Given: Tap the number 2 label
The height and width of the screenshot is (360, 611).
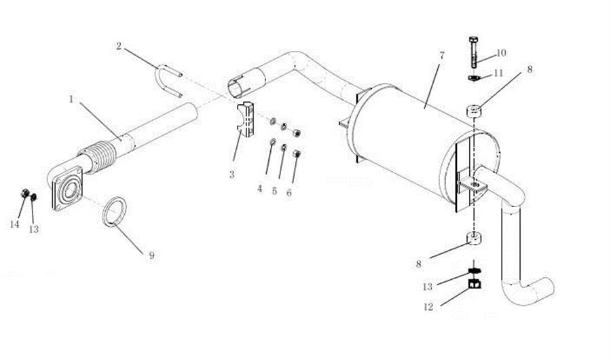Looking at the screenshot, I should [119, 46].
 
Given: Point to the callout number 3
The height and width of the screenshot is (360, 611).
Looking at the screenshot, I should [232, 175].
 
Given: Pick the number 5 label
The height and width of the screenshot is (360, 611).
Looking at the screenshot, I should [274, 191].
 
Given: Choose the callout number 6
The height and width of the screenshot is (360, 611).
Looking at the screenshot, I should [289, 193].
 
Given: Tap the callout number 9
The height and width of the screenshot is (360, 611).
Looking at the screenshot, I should [152, 255].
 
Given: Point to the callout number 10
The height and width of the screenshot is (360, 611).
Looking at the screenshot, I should [501, 52].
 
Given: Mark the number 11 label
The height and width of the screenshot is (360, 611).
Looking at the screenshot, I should [498, 72].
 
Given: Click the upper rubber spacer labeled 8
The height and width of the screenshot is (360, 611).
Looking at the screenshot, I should [474, 110].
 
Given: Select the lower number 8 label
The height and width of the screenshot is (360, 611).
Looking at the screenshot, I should [419, 262].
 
